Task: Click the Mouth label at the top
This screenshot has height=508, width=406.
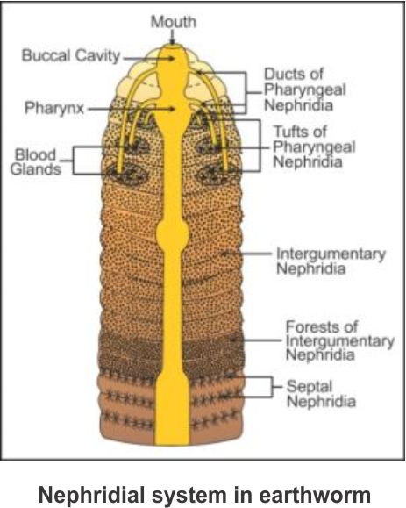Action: click(x=174, y=22)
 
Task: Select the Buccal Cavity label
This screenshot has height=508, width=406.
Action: click(x=71, y=55)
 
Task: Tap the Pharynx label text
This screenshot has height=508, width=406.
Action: click(x=54, y=108)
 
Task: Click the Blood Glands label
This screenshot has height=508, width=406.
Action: click(x=36, y=161)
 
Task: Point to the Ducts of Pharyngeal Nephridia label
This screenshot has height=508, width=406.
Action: click(x=305, y=89)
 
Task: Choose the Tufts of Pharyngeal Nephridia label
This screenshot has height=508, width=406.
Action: click(x=314, y=147)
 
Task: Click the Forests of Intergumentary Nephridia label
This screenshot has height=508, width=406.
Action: click(x=340, y=340)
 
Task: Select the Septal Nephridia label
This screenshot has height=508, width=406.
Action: click(x=321, y=394)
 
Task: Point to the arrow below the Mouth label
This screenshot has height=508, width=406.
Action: click(x=173, y=37)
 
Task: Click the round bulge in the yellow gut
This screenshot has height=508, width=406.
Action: click(x=172, y=233)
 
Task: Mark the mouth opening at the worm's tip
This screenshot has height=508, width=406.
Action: click(x=172, y=46)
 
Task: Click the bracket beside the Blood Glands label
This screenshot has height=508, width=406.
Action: click(x=73, y=161)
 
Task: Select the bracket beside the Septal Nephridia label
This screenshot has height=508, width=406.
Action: click(x=271, y=387)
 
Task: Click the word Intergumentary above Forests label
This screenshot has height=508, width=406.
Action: click(x=331, y=254)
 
